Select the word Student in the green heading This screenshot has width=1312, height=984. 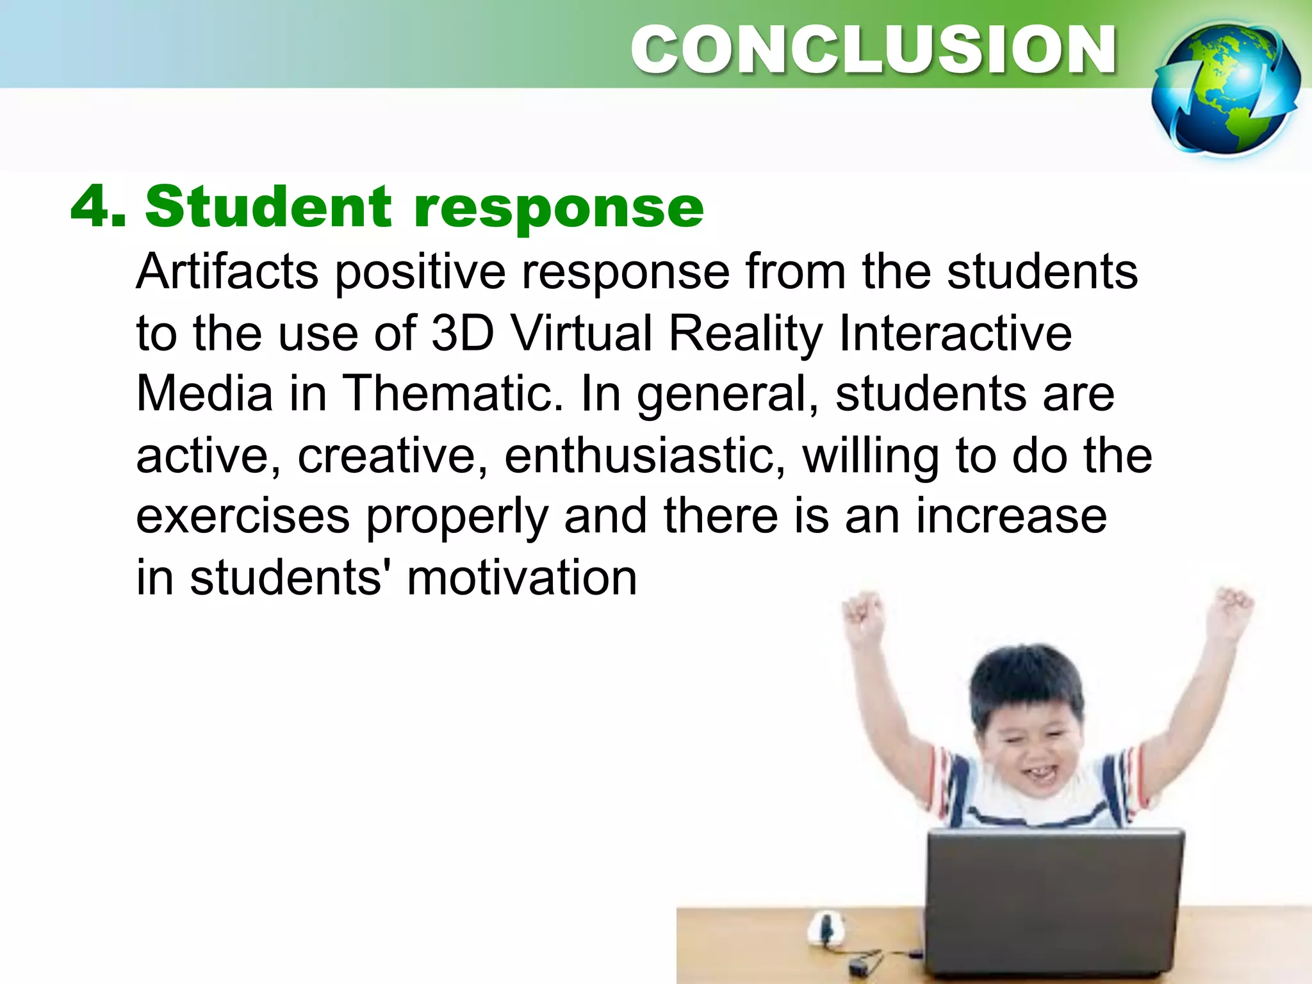point(268,206)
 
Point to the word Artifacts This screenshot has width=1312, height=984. point(227,272)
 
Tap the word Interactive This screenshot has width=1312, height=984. point(955,333)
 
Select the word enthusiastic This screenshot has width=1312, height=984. point(644,456)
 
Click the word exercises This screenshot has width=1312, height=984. point(243,516)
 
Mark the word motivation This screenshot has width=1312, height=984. point(521,578)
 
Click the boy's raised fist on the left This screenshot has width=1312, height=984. point(862,612)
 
